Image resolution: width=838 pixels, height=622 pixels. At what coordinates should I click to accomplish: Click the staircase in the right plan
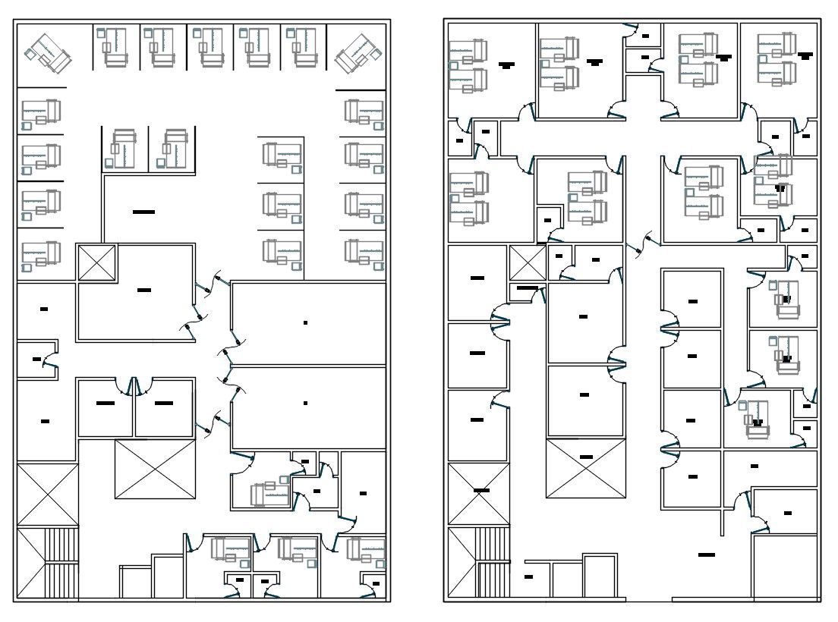[477, 562]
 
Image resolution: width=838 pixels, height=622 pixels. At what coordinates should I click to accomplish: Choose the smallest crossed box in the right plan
[528, 263]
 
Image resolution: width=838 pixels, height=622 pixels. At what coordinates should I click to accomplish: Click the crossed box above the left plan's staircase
[47, 495]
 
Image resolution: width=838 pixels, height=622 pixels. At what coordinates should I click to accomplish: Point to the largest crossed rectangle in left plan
[156, 469]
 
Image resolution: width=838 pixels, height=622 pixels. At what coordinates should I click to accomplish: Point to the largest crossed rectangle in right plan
[585, 468]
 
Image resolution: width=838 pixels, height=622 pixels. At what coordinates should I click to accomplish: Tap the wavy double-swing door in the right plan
[648, 243]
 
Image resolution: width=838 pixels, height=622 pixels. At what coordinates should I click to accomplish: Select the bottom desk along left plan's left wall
[42, 255]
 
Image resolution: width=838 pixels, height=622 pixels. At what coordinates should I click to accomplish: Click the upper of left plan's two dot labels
[305, 323]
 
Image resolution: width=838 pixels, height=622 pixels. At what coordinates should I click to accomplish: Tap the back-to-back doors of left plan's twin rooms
[135, 387]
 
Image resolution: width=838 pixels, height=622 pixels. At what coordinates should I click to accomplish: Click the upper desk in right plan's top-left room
[468, 53]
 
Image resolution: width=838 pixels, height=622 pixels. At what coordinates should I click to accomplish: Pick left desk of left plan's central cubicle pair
[124, 147]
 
